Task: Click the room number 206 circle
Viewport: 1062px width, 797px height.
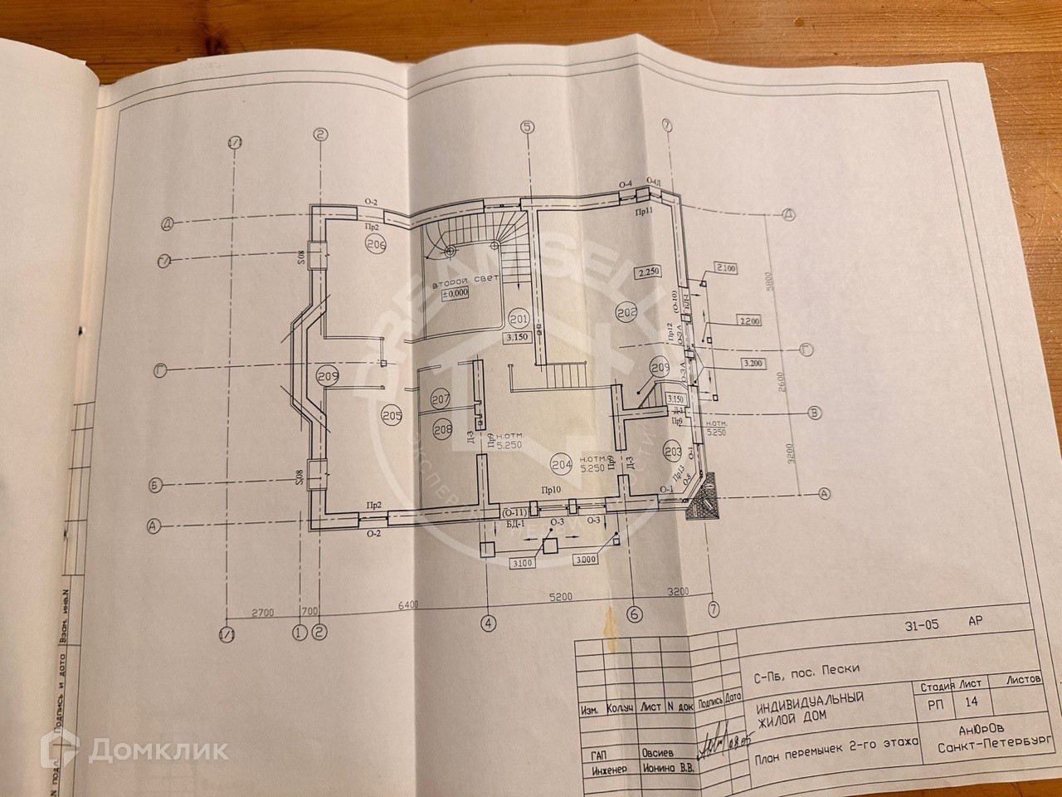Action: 376,245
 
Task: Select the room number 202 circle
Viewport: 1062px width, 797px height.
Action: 626,311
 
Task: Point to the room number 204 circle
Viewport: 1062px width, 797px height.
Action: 562,465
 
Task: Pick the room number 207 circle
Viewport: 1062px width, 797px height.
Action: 441,400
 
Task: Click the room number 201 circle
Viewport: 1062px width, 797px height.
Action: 519,319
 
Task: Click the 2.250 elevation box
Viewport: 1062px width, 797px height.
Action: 647,272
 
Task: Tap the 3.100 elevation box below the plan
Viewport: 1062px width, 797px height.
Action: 524,564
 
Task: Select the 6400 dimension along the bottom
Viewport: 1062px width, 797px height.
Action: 408,604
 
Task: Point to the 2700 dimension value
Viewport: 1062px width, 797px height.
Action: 263,613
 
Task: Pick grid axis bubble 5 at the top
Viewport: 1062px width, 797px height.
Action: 527,128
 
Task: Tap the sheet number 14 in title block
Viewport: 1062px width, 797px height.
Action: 972,701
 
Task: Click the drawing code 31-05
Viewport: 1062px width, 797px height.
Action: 921,626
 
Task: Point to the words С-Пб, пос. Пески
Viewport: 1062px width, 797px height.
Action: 806,668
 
